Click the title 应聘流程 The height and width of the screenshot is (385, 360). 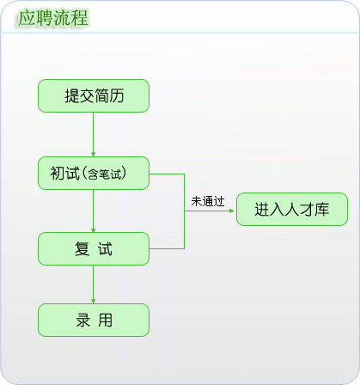[53, 18]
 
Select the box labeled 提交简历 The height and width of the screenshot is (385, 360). [94, 95]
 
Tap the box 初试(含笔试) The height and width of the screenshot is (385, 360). [94, 173]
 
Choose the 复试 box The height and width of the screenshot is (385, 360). [94, 248]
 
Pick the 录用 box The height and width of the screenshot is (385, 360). [94, 320]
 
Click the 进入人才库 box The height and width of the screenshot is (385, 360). [292, 209]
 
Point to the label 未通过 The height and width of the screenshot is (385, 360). [208, 201]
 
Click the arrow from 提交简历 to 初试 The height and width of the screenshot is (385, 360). [93, 134]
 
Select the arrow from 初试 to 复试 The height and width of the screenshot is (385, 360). [93, 211]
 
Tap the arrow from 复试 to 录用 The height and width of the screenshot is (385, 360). [93, 284]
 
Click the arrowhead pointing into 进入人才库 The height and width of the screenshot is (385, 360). [231, 211]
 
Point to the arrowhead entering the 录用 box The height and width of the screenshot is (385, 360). [93, 301]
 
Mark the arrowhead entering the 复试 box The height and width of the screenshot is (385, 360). [93, 230]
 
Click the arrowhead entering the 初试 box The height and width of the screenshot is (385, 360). [93, 154]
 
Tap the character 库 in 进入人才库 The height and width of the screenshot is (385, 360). [321, 209]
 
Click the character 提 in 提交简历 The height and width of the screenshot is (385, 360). [71, 95]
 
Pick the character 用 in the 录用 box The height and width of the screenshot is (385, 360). [105, 320]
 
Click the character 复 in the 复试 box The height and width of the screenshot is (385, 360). [82, 248]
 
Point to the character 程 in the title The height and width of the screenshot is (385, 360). [80, 18]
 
